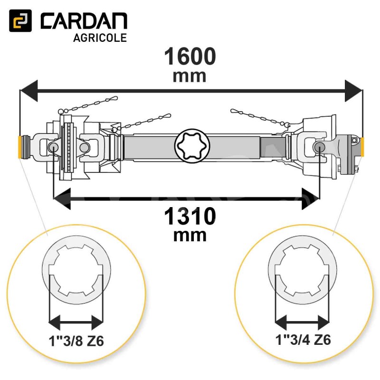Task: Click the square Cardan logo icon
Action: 20,20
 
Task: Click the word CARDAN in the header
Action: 84,21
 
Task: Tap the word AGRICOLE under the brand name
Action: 100,38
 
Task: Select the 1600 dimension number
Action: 190,56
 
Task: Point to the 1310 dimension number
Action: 190,216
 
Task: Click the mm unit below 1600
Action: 190,76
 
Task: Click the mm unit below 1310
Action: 190,236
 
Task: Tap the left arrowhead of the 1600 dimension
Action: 29,91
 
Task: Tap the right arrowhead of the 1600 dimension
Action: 353,91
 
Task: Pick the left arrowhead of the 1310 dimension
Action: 62,199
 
